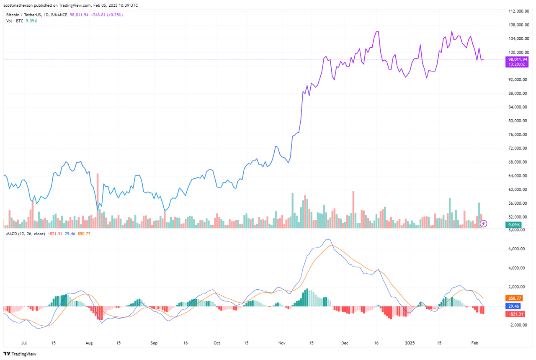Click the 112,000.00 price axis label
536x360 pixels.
516,11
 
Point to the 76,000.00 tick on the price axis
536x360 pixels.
516,135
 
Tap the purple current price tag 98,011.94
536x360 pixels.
518,59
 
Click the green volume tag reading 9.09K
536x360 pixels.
513,225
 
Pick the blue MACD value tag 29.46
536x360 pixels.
513,306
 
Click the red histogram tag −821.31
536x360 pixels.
515,314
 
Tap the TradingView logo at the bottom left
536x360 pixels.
20,354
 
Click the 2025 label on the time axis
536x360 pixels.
410,342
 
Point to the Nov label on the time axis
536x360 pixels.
282,342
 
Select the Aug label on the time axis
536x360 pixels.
89,342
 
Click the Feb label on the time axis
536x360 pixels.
474,342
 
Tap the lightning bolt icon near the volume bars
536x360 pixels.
483,224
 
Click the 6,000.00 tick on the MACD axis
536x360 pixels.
517,249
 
